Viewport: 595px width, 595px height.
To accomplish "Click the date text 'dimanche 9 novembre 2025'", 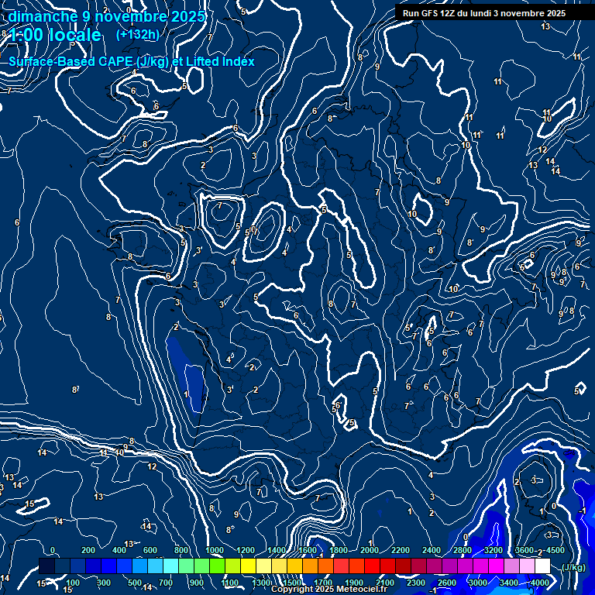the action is (106, 16).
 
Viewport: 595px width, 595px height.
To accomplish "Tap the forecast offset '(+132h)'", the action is (137, 35).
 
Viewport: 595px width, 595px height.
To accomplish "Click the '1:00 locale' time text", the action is (54, 36).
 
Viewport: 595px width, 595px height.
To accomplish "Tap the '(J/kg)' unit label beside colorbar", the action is (573, 567).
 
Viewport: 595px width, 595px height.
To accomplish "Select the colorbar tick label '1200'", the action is (246, 550).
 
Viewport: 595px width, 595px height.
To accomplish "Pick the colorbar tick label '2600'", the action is (446, 583).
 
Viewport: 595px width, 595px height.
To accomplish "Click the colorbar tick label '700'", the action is (166, 583).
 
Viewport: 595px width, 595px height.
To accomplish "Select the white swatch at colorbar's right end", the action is (542, 566).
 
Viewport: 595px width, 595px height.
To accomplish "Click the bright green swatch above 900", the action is (201, 566).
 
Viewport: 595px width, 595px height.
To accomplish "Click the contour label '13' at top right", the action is (545, 26).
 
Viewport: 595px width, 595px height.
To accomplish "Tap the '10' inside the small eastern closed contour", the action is (413, 214).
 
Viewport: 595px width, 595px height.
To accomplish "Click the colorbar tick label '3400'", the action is (509, 583).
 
